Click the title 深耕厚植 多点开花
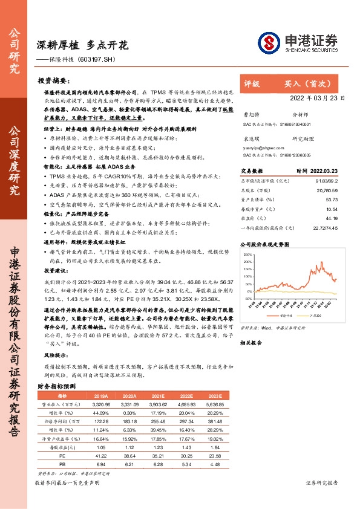pos(83,45)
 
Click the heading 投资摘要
pos(53,80)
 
